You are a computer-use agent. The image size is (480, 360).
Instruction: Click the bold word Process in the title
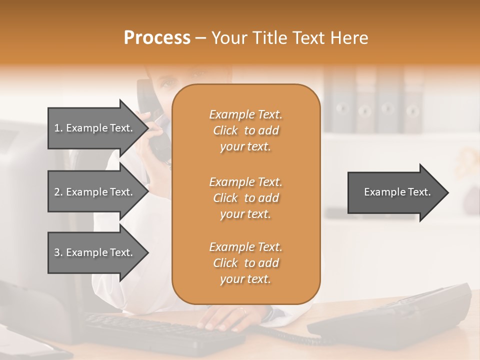157,38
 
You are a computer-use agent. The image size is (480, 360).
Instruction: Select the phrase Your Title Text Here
290,38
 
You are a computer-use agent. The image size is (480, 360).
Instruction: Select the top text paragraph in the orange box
245,130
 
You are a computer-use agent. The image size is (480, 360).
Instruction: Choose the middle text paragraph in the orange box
245,198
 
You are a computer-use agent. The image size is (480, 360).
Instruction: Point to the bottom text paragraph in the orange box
245,263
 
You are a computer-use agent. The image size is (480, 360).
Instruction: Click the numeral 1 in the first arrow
57,128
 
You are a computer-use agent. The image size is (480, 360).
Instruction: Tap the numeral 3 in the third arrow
57,252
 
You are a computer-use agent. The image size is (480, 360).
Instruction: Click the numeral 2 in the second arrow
57,192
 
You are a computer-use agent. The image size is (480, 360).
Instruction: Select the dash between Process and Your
200,38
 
